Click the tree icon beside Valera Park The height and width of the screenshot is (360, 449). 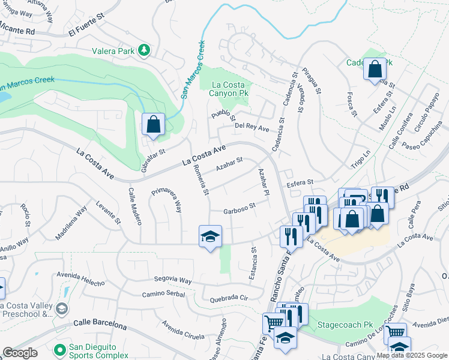144,51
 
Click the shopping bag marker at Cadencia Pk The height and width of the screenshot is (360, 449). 375,69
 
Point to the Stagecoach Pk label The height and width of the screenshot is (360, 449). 339,324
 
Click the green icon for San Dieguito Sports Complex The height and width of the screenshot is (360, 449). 59,349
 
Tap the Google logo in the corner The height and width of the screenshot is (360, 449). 20,353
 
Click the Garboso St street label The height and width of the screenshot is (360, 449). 240,208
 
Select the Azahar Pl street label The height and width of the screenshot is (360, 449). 262,181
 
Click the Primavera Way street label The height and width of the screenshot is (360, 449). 166,200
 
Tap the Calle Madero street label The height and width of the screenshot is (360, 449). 134,206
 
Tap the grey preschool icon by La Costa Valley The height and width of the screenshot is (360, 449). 61,308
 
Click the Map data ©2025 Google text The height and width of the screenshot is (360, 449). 412,355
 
